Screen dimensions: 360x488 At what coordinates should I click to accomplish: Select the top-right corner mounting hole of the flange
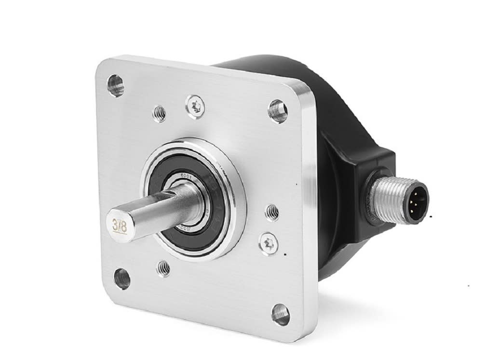pos(277,111)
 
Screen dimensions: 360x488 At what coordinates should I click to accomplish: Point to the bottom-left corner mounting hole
pos(122,279)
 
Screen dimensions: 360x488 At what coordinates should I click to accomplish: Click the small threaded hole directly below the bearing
pos(164,268)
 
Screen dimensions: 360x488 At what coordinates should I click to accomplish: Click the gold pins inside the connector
pos(419,199)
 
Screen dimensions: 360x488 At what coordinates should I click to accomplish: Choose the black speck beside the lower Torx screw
pos(285,253)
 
